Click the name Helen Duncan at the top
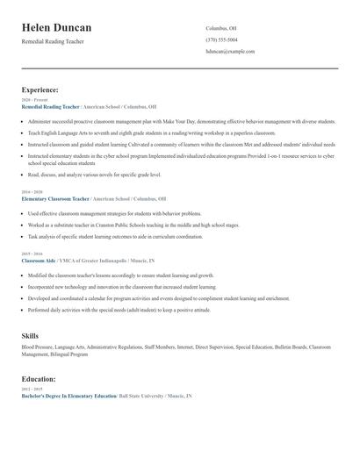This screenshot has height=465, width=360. point(56,28)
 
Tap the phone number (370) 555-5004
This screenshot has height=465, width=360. point(221,39)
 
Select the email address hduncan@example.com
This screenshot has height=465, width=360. point(230,51)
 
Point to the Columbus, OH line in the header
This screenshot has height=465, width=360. point(221,28)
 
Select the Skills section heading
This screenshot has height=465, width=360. point(30,336)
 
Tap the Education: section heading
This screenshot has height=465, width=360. point(40,379)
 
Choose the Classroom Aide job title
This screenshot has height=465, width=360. point(39,261)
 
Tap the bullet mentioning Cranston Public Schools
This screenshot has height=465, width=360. point(133,225)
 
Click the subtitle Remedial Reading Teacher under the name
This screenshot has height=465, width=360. point(53,42)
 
